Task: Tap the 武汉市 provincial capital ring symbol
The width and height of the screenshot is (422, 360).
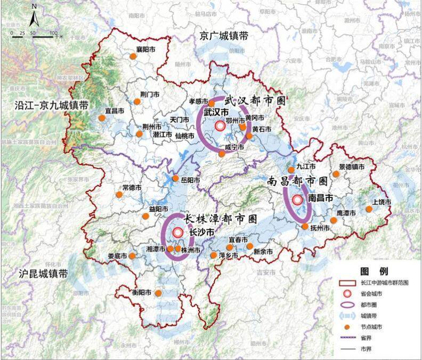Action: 220,126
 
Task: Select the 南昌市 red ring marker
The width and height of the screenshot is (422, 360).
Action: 297,199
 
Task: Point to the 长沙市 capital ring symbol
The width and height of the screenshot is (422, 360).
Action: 177,233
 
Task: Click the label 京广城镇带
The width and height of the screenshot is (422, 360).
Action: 224,36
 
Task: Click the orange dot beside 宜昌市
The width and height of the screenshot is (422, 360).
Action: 102,118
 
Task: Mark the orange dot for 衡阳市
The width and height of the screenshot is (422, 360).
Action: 158,293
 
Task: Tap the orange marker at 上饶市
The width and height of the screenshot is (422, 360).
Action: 369,209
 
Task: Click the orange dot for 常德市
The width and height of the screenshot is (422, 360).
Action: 119,195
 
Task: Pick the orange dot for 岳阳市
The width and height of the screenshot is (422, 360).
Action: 176,179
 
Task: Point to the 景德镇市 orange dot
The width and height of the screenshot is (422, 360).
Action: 336,173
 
